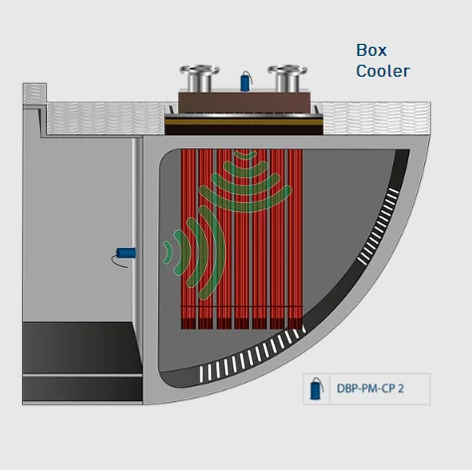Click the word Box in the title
371,50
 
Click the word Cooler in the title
383,71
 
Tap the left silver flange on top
199,79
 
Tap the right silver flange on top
288,79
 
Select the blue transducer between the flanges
245,83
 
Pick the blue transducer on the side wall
126,253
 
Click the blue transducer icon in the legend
316,389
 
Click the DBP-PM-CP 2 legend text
370,388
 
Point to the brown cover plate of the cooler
245,103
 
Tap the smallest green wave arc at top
245,155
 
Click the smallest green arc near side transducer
167,253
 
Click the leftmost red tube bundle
189,239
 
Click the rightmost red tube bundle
296,239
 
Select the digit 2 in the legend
400,388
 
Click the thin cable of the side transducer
118,262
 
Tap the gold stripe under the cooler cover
244,121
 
